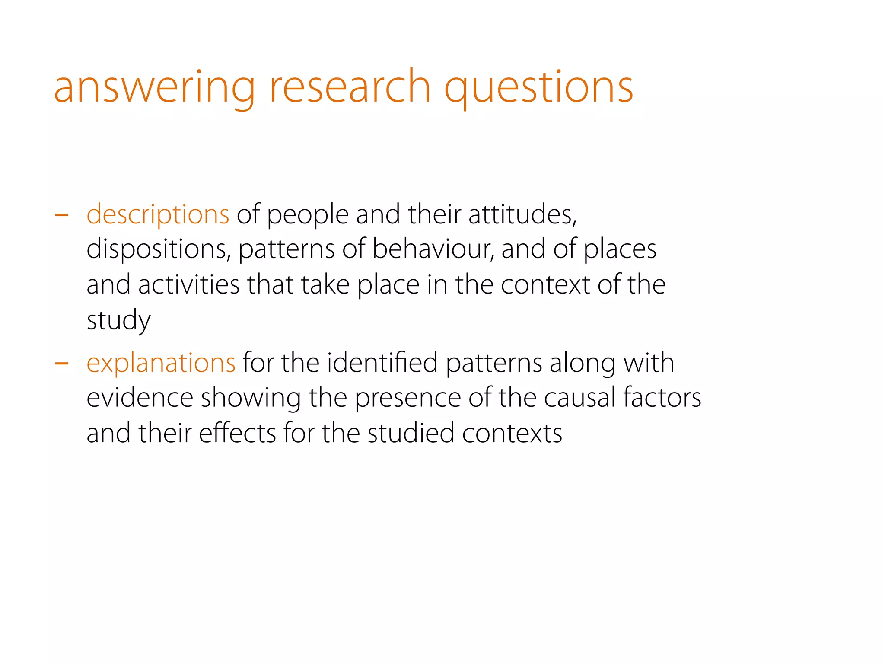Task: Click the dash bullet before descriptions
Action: coord(62,214)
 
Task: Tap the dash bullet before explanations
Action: coord(62,363)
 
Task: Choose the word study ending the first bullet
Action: coord(118,321)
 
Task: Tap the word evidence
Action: coord(140,398)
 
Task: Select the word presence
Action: coord(408,398)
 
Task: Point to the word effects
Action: coord(237,433)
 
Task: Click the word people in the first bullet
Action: coord(308,215)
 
